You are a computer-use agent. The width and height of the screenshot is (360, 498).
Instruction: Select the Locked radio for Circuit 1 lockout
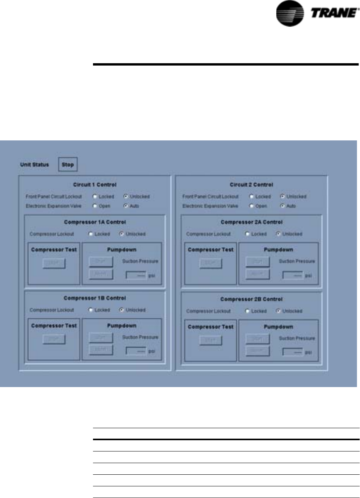[x=95, y=197]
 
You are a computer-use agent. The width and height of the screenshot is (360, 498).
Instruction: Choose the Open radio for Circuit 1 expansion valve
[x=95, y=206]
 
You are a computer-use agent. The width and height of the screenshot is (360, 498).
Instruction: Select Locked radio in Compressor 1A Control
[x=90, y=234]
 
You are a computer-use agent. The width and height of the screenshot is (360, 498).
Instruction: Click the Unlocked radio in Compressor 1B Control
[x=121, y=310]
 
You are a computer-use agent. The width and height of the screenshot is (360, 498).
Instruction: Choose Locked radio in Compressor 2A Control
[x=247, y=234]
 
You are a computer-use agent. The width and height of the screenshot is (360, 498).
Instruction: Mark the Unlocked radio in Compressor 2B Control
[x=278, y=311]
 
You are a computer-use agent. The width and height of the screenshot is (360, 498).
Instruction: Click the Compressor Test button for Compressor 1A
[x=54, y=263]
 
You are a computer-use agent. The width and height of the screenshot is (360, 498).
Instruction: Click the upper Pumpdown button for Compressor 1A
[x=101, y=262]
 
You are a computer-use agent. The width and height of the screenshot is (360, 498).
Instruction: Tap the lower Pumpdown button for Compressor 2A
[x=257, y=274]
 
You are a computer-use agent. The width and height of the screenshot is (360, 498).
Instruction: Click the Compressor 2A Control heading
[x=251, y=222]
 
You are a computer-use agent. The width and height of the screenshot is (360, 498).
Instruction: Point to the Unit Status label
[x=34, y=164]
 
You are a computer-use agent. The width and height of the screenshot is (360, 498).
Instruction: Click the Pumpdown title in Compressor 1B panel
[x=122, y=326]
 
